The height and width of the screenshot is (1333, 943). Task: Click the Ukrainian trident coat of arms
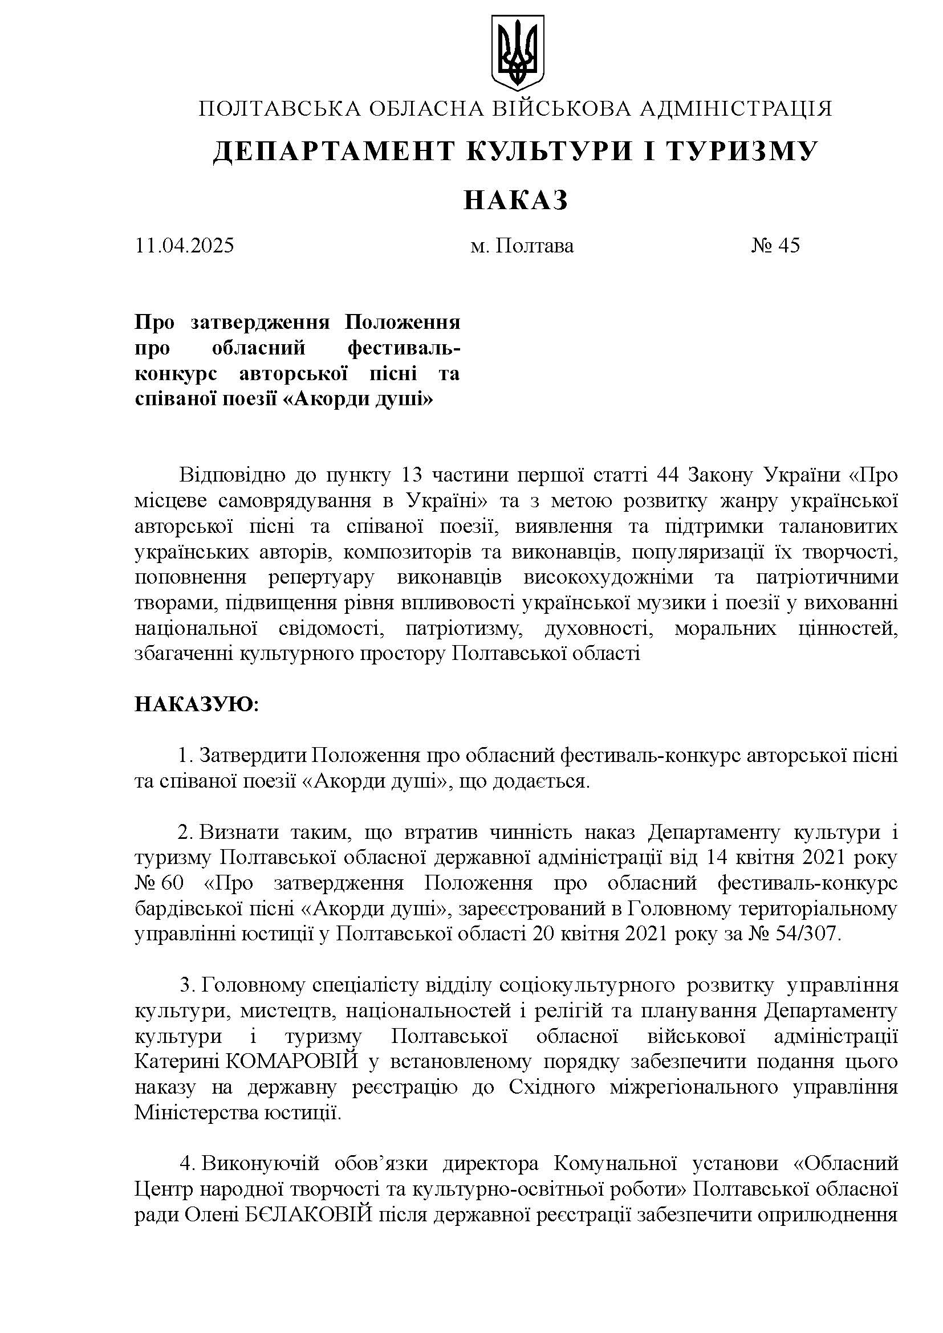[518, 52]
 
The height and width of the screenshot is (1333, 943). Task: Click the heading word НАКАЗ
[516, 199]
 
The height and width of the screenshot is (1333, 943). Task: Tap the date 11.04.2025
[185, 246]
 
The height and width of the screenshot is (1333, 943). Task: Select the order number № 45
[775, 246]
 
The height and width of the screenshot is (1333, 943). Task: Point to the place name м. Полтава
[522, 246]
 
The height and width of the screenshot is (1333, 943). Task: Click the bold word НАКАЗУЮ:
[197, 704]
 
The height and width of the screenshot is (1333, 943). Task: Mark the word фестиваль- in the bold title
[404, 348]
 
